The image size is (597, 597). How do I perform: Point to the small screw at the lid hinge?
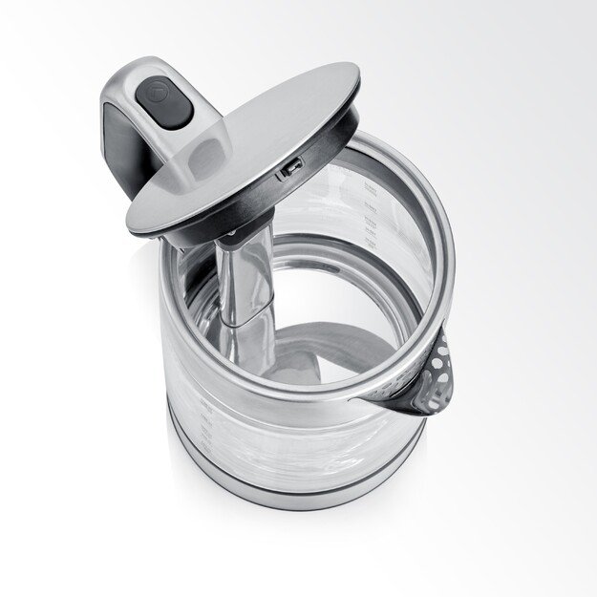(230, 232)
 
